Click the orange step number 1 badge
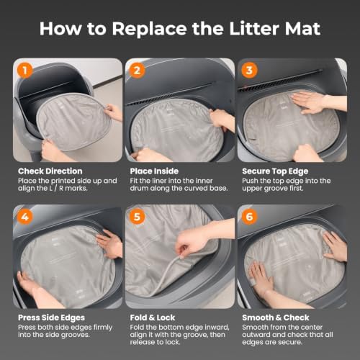[x=25, y=71]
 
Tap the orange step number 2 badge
[x=137, y=71]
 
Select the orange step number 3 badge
[x=249, y=71]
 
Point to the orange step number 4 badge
[x=25, y=217]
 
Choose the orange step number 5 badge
[x=137, y=217]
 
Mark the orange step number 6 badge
[x=249, y=217]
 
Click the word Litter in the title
[x=254, y=29]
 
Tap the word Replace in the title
[x=149, y=29]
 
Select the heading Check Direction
[x=50, y=171]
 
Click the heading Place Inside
[x=154, y=171]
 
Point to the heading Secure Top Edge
[x=275, y=171]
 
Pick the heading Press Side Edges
[x=51, y=318]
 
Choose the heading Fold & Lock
[x=153, y=318]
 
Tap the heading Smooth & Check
[x=276, y=318]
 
